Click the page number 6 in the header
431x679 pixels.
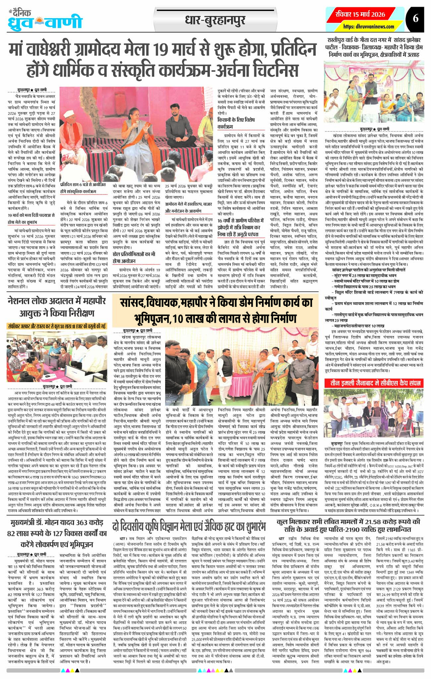415,18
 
